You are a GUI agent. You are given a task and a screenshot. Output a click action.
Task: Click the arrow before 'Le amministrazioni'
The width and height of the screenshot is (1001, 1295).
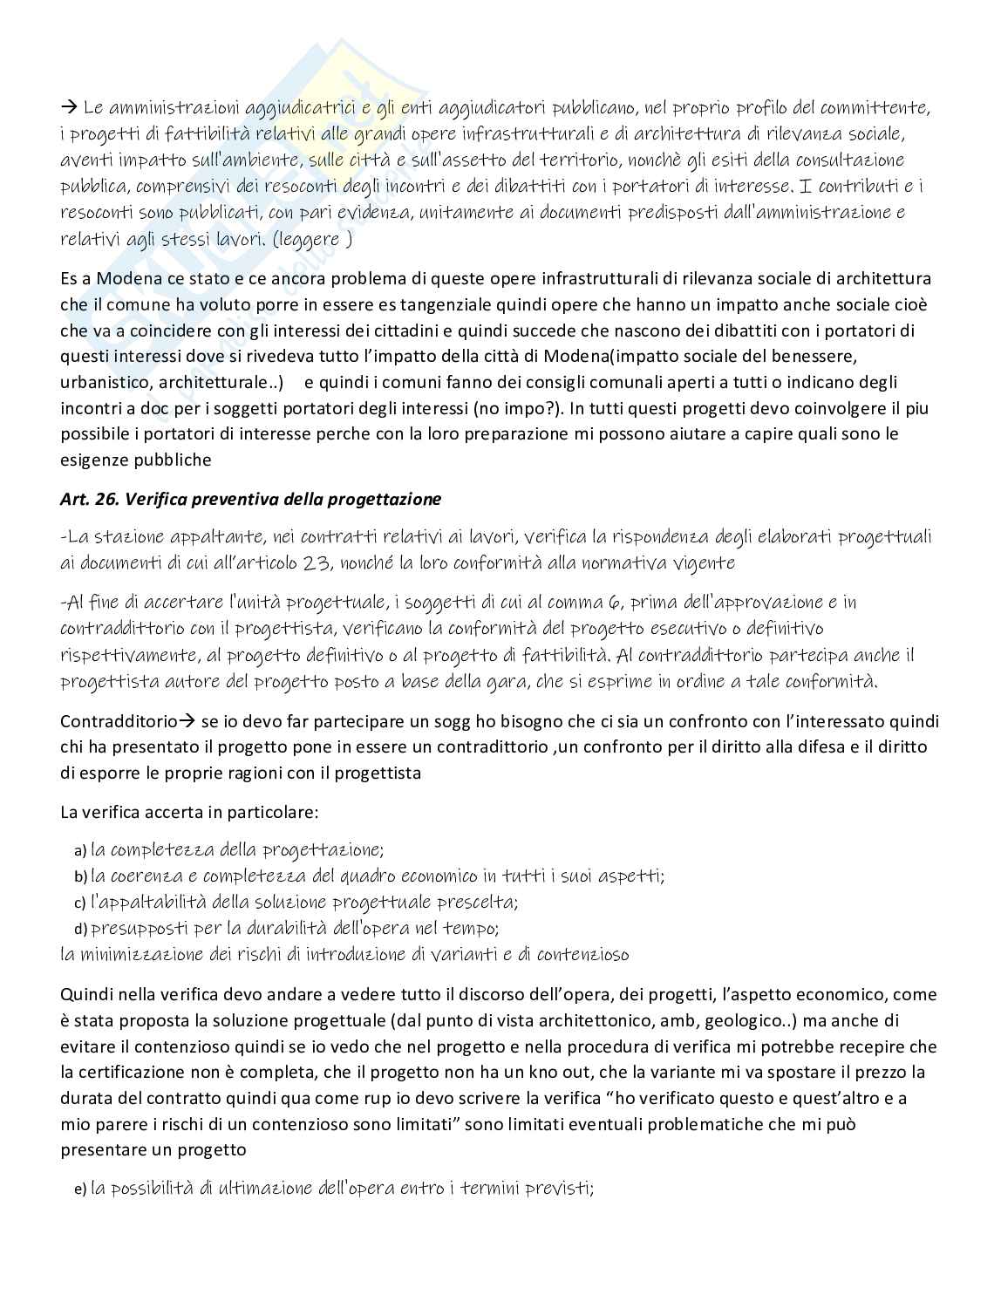tap(69, 108)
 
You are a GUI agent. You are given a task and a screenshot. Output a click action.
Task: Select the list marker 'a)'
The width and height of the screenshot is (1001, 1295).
tap(80, 850)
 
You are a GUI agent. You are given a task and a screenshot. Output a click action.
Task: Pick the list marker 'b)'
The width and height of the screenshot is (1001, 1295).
tap(80, 876)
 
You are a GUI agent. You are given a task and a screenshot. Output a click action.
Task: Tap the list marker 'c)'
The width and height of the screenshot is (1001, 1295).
tap(79, 903)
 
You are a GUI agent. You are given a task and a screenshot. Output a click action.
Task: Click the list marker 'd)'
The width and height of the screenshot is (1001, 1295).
tap(80, 929)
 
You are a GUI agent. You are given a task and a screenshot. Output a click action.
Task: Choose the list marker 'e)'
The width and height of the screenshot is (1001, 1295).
tap(80, 1189)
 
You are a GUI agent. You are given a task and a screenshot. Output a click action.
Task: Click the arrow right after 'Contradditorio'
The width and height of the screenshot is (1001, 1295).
tap(188, 721)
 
